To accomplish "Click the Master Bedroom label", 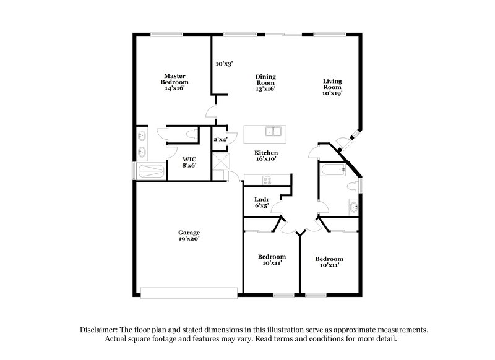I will tap(174, 82).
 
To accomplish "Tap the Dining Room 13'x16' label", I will tap(265, 82).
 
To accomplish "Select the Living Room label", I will tap(332, 87).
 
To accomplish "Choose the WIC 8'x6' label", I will tap(189, 162).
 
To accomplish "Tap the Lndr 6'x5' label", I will tap(260, 202).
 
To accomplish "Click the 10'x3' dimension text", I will tap(224, 63).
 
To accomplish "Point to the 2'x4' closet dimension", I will tap(220, 140).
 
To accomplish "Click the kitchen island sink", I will tap(273, 131).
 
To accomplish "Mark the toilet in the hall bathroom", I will tap(354, 186).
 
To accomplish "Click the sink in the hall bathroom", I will tap(353, 206).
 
